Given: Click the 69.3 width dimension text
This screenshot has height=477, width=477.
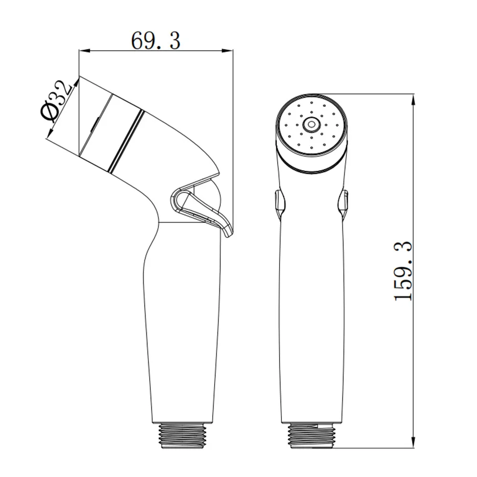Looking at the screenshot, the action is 156,41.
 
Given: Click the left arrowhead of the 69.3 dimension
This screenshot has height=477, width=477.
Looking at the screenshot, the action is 83,51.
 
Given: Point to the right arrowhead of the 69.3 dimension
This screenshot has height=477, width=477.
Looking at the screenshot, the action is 228,51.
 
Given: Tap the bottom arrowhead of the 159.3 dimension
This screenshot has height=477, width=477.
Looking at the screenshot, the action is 413,441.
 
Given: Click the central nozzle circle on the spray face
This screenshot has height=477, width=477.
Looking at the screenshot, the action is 311,124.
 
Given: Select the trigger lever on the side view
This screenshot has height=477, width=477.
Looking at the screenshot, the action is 201,210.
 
